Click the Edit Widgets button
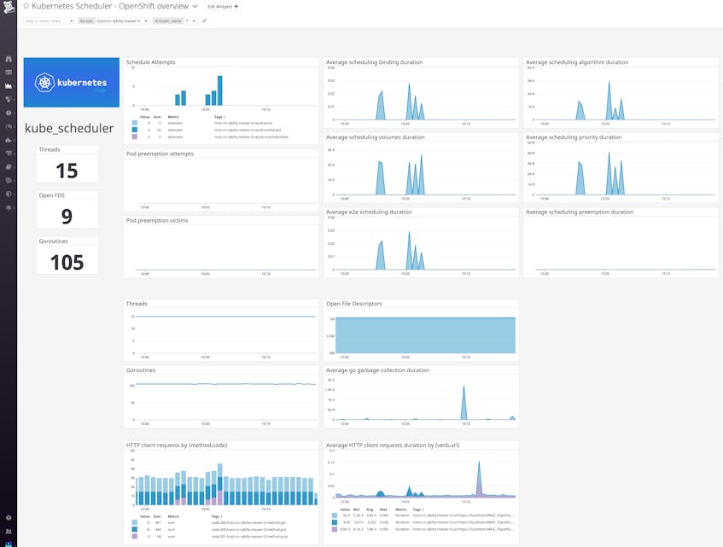224,7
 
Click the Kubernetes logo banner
72,83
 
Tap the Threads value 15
67,170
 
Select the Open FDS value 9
67,216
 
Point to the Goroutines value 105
67,262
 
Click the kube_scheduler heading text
69,129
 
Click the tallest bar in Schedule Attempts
219,90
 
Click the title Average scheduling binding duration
375,62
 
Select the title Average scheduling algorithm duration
577,62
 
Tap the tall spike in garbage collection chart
464,402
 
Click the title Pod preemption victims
158,220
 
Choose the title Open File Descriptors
354,303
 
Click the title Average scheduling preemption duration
580,212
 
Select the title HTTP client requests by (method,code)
177,445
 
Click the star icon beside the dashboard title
26,7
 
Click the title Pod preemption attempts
160,154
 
